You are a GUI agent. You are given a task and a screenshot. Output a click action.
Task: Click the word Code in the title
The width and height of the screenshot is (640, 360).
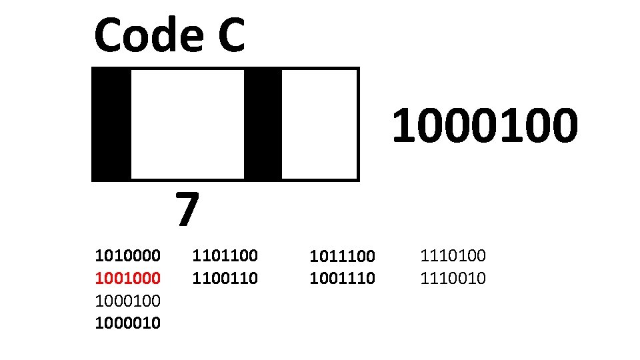point(149,36)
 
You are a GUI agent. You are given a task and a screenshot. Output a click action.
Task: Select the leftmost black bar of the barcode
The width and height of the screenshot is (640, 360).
point(111,124)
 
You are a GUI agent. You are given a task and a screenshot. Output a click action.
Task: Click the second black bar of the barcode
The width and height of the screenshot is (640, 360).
point(263,124)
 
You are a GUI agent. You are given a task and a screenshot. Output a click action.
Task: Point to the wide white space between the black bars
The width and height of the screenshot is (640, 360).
point(187,124)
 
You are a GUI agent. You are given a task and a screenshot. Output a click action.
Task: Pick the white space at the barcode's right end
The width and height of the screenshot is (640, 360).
point(319,124)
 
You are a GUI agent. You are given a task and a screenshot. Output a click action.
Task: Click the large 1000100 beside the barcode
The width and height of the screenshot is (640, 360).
point(484,127)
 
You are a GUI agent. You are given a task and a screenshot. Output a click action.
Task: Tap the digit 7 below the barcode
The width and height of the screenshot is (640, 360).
point(187,209)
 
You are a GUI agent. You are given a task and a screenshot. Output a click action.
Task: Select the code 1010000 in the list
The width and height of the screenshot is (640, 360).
point(128,255)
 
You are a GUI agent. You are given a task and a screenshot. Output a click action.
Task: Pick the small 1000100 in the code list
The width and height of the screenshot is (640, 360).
point(128,301)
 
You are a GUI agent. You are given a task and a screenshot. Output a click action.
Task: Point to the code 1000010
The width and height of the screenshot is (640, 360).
point(128,323)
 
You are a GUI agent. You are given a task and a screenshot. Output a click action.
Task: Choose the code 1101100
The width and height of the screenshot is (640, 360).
point(225,255)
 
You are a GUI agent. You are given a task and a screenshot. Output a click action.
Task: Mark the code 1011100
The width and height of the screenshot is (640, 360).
point(343,256)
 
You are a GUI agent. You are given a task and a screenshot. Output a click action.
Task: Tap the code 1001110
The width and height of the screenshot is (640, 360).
point(343,278)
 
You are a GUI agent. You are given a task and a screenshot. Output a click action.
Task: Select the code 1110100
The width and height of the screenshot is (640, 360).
point(453,255)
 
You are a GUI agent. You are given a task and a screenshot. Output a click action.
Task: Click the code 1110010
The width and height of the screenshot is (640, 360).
point(453,278)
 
